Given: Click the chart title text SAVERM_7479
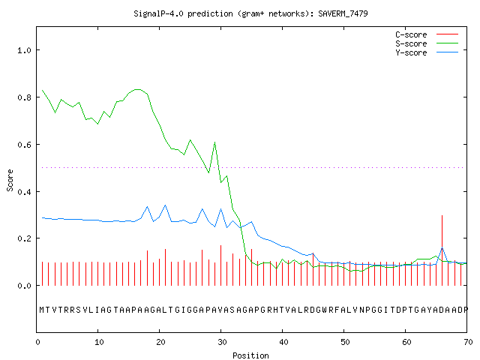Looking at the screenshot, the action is [343, 13].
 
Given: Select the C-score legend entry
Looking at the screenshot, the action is [427, 34].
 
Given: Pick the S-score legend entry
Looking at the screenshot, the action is [427, 43].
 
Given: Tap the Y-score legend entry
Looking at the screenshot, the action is [427, 52].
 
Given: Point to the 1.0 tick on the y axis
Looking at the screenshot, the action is [25, 50].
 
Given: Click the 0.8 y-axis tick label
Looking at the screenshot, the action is [25, 97].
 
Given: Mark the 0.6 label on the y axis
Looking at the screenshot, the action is [25, 145].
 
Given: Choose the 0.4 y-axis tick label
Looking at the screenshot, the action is [25, 192].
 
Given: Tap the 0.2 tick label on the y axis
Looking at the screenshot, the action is [25, 238].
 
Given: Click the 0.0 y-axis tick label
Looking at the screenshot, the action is [25, 286].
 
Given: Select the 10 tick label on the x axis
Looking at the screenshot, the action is [99, 342].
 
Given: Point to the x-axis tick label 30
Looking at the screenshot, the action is [222, 342].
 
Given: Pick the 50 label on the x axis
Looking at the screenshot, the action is [345, 342].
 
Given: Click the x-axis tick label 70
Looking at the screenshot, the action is [468, 342].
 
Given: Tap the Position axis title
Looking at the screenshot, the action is [250, 355].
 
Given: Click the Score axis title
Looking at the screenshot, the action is [10, 181].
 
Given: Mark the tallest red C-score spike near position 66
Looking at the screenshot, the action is [442, 250].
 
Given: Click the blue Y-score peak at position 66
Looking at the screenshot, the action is [442, 248].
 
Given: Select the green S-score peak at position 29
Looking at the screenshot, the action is [215, 142].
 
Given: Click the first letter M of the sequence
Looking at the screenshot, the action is [42, 310].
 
